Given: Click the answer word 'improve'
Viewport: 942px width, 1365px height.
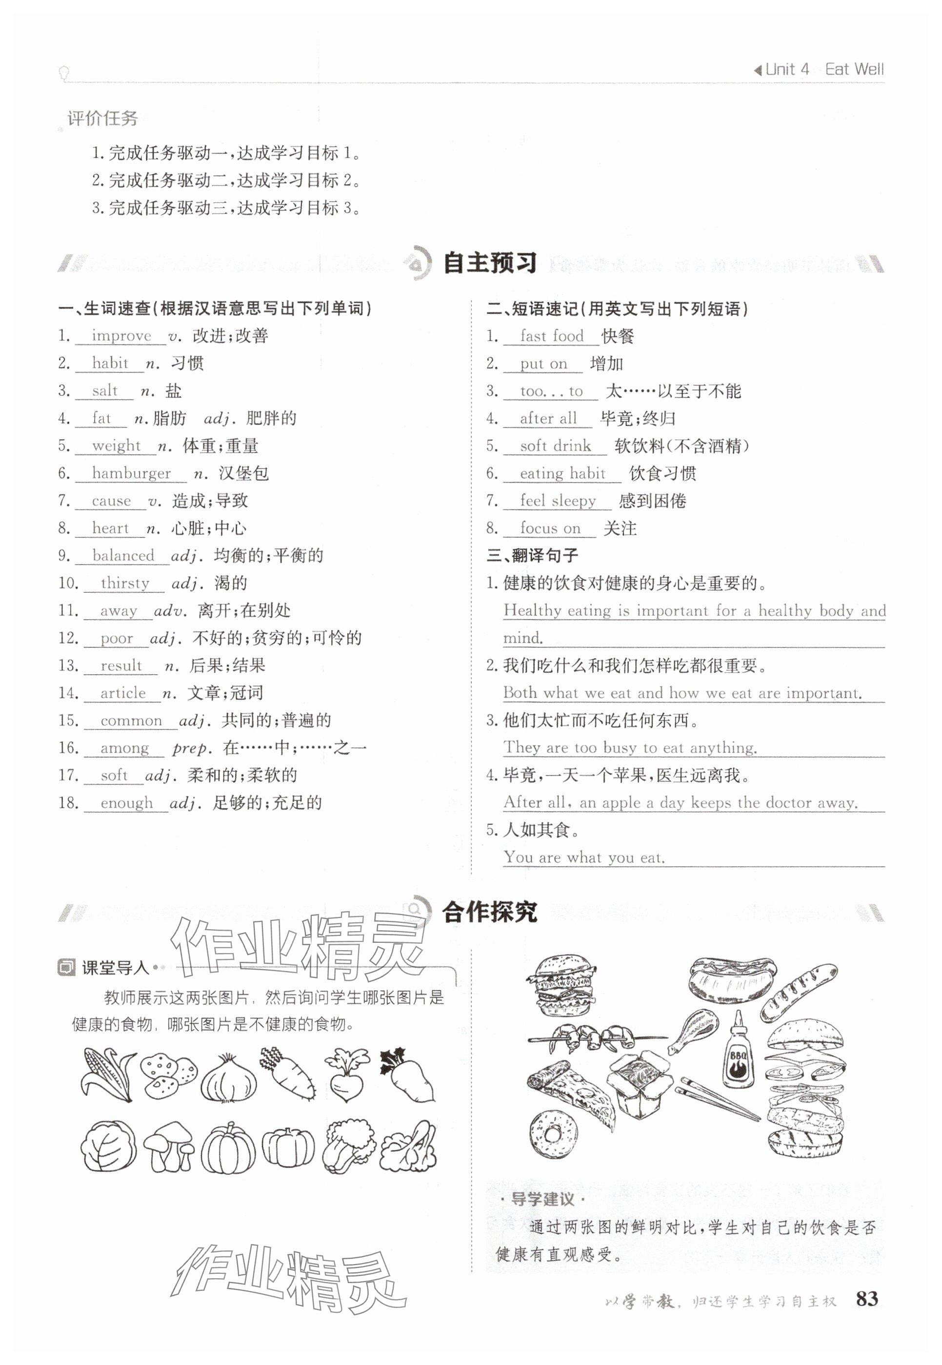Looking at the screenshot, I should (121, 336).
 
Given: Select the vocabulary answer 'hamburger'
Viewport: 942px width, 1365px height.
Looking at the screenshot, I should (131, 473).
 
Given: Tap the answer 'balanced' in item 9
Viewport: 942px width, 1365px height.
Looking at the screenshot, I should (123, 555).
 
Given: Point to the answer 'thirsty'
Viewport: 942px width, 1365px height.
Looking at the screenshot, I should (125, 583).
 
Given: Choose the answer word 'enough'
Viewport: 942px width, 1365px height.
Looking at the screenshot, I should (126, 802).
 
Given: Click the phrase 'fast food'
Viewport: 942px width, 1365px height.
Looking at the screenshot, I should (551, 336).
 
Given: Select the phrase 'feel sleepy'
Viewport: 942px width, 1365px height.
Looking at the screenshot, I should (558, 501).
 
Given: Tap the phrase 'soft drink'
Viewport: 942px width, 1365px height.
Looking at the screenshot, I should (555, 446).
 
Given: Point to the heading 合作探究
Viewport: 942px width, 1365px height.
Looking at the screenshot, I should (489, 912).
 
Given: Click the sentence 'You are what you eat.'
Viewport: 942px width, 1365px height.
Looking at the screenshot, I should (584, 857).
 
